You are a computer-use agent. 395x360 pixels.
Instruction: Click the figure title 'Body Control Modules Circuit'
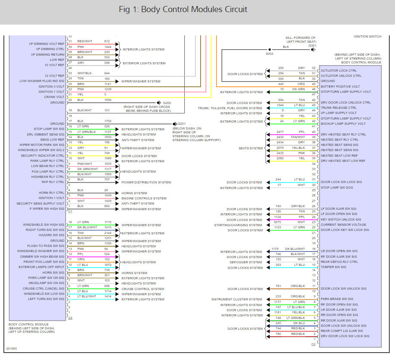[x=183, y=9]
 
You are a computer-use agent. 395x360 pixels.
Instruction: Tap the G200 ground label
[x=167, y=103]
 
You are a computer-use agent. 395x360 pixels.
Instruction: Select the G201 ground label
[x=182, y=124]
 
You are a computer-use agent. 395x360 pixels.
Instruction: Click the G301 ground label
[x=312, y=45]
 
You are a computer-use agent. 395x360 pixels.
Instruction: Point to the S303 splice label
[x=269, y=54]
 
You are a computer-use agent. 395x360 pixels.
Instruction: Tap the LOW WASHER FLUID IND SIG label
[x=42, y=81]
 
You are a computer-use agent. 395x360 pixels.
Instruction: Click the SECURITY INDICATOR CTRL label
[x=43, y=155]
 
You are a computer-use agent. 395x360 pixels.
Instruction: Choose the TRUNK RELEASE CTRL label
[x=338, y=108]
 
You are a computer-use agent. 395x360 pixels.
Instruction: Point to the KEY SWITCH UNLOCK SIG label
[x=341, y=219]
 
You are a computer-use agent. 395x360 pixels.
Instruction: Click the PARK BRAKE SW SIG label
[x=337, y=299]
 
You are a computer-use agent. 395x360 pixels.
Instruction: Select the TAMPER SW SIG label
[x=334, y=267]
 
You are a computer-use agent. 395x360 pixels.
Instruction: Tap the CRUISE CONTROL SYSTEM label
[x=142, y=289]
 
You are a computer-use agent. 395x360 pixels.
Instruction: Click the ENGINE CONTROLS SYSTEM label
[x=144, y=198]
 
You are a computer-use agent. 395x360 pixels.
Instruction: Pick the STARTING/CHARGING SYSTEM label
[x=238, y=225]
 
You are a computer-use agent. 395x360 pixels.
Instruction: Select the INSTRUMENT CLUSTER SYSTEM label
[x=237, y=299]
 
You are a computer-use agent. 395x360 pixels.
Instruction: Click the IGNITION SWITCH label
[x=367, y=36]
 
